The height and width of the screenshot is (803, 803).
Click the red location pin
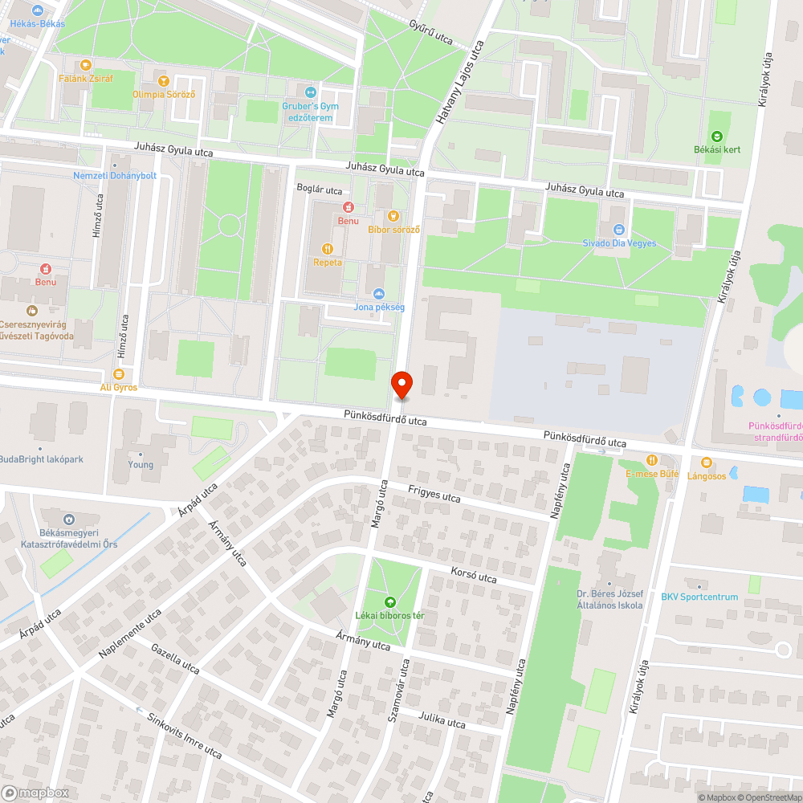tap(401, 385)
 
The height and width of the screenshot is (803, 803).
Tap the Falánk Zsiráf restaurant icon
tap(86, 64)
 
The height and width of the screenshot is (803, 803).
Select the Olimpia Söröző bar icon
tap(164, 80)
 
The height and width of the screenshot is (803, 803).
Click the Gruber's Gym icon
tap(311, 91)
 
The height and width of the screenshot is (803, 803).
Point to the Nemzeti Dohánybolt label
tap(114, 175)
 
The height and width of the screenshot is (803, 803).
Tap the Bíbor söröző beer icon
tap(393, 215)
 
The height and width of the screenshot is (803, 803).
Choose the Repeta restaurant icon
tap(327, 248)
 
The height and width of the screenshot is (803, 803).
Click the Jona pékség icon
tap(379, 293)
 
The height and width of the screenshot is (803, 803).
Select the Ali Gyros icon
tap(119, 374)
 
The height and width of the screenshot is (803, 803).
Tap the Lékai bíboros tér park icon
tap(389, 601)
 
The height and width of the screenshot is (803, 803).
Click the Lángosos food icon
tap(706, 462)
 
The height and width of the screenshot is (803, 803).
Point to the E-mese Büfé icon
tap(651, 460)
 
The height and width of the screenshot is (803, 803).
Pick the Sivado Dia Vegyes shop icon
tap(618, 230)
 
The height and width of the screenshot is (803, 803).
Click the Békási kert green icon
tap(717, 137)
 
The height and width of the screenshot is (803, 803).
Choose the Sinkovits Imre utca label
tap(185, 735)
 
